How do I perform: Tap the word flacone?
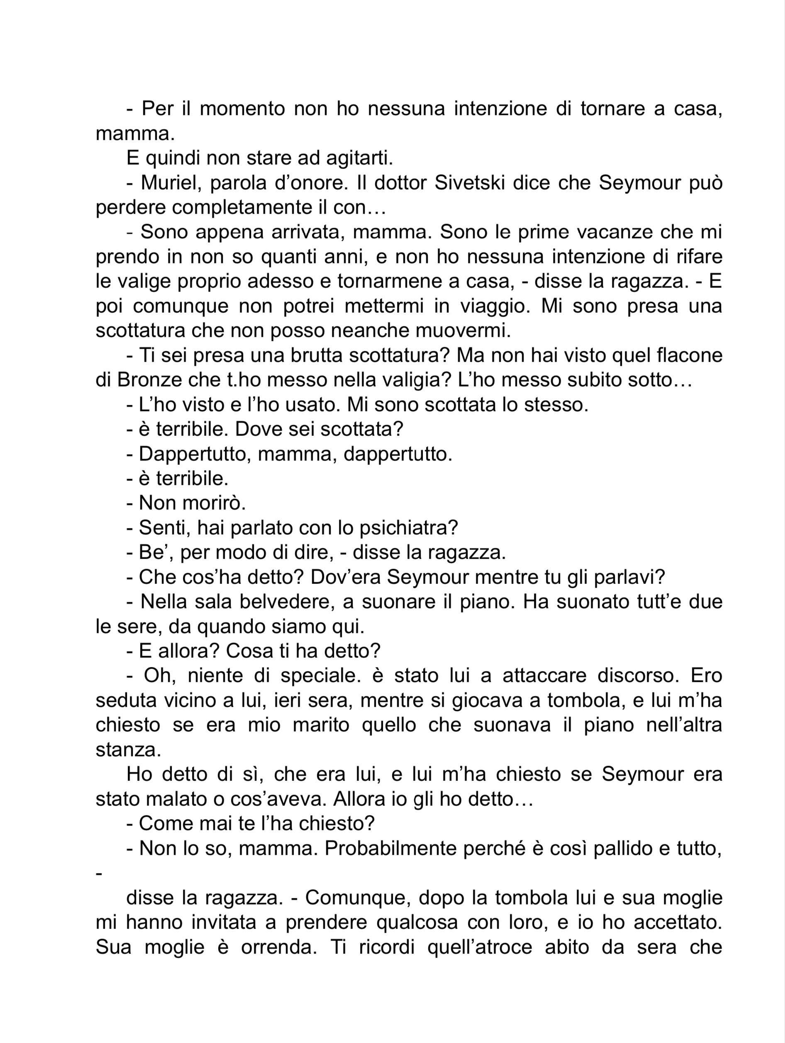(689, 355)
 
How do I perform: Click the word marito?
(321, 725)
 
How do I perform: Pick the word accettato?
(678, 922)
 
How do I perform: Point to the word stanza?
(128, 750)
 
